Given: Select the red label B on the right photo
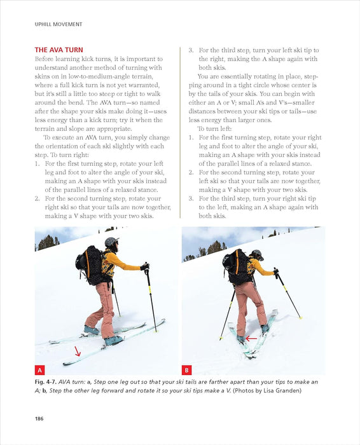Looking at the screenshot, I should pyautogui.click(x=188, y=369).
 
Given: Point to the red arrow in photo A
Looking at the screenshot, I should pyautogui.click(x=78, y=351).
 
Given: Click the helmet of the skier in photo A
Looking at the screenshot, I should pyautogui.click(x=112, y=242).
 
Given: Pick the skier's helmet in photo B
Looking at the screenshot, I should pyautogui.click(x=256, y=254).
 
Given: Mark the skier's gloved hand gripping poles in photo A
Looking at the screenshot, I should pyautogui.click(x=145, y=266).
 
